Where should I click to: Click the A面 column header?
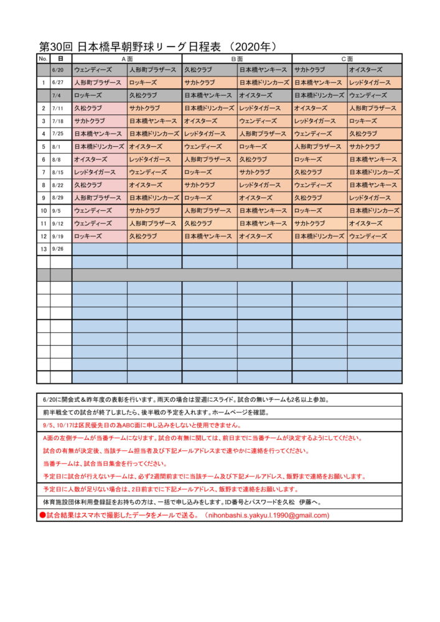click(x=127, y=58)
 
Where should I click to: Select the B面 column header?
click(x=236, y=58)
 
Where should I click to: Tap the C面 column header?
click(x=347, y=58)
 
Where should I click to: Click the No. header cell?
click(x=43, y=58)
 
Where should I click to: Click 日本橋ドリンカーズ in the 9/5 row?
click(x=374, y=211)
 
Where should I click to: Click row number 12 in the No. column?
click(x=43, y=236)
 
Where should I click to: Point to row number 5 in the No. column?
click(x=43, y=147)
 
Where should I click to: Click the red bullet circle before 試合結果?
click(x=42, y=515)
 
